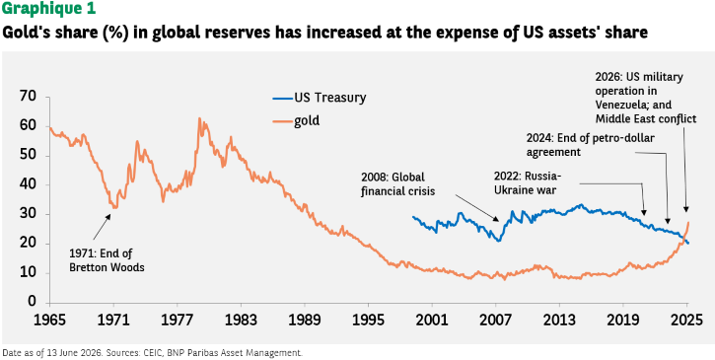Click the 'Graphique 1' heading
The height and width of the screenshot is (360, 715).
[x=48, y=9]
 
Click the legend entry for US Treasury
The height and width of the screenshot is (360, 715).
[x=320, y=98]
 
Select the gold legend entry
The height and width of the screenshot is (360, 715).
[x=296, y=121]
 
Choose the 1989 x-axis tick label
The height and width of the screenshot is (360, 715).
[x=304, y=320]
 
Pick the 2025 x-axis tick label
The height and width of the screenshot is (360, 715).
[x=686, y=320]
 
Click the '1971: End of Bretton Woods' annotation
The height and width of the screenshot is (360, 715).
[x=107, y=260]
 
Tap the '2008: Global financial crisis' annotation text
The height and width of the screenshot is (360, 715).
[x=398, y=183]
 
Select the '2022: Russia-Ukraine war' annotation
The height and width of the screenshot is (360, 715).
[x=528, y=183]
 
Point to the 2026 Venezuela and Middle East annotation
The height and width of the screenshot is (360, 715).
[x=646, y=98]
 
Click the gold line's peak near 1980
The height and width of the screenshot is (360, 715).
[x=199, y=118]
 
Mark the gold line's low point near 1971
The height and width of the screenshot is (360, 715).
[x=115, y=207]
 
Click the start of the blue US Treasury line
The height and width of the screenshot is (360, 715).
[x=412, y=217]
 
